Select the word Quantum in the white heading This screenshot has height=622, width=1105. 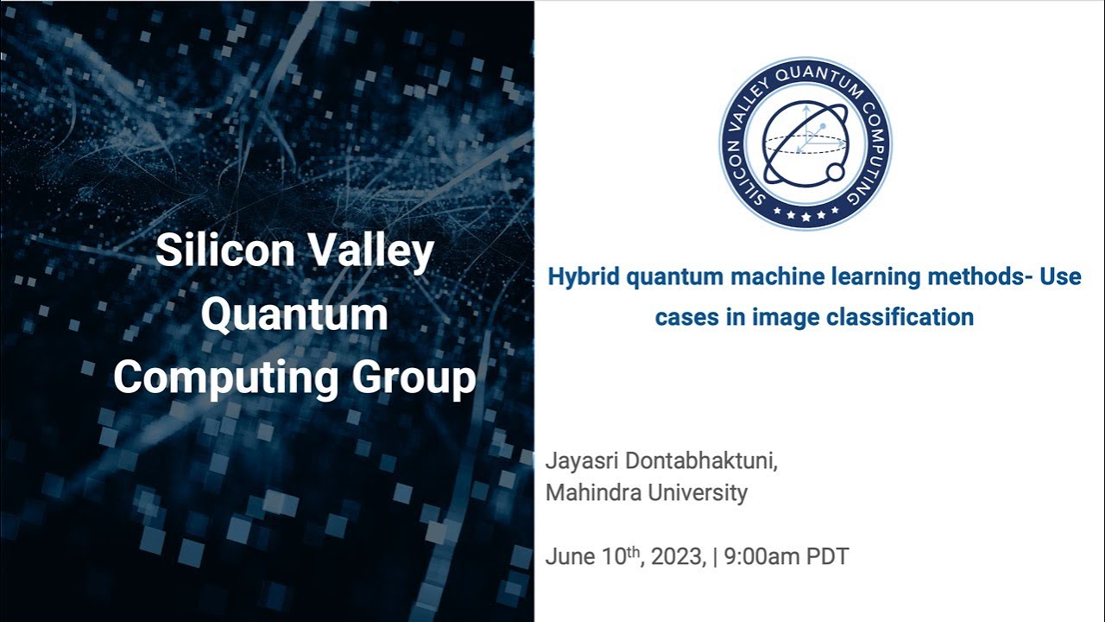(x=294, y=314)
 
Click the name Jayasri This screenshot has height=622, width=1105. (x=583, y=460)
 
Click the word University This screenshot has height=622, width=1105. (x=698, y=493)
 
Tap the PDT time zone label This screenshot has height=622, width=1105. (x=827, y=556)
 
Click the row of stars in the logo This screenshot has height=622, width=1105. (x=805, y=213)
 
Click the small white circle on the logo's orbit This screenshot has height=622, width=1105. (x=836, y=173)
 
